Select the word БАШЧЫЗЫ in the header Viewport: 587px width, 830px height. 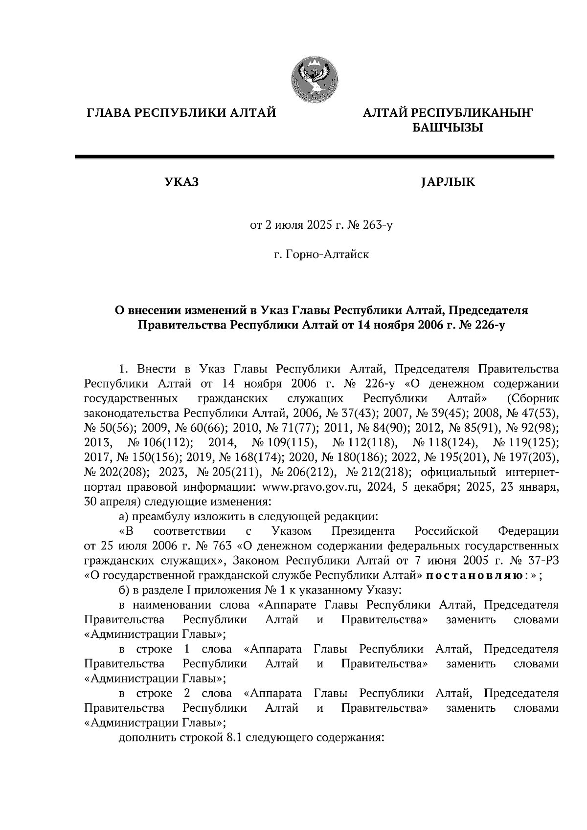pyautogui.click(x=448, y=128)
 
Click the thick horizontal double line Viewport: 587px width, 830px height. pyautogui.click(x=314, y=157)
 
